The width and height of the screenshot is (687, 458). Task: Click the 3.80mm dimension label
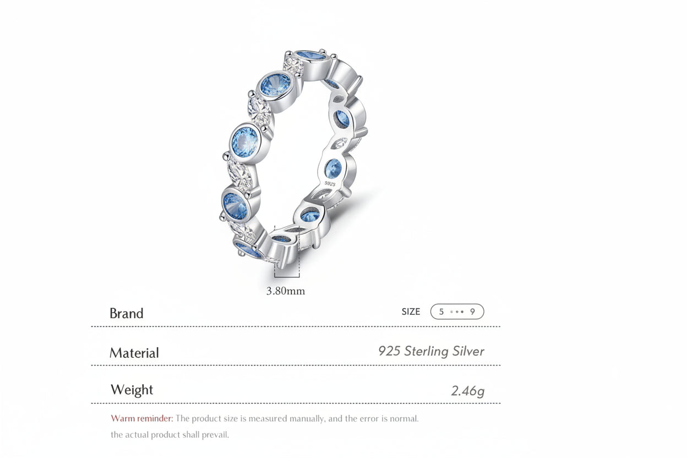285,291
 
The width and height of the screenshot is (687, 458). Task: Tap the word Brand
126,313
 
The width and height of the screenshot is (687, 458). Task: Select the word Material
134,353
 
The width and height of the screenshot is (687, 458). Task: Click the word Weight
132,390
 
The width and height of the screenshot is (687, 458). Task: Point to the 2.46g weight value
467,391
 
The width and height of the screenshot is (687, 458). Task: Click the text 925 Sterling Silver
431,351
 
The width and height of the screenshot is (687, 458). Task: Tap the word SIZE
411,312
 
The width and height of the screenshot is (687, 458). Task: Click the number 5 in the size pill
441,312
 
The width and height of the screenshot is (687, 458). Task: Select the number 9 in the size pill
472,312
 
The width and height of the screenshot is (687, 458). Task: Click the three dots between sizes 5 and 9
456,312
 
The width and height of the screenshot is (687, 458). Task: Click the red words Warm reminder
141,418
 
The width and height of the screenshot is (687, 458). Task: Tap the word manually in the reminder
303,418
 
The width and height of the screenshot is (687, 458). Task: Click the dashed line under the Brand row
295,326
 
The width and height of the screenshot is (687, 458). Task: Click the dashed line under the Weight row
295,404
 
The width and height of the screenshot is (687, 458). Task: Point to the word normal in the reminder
404,418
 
